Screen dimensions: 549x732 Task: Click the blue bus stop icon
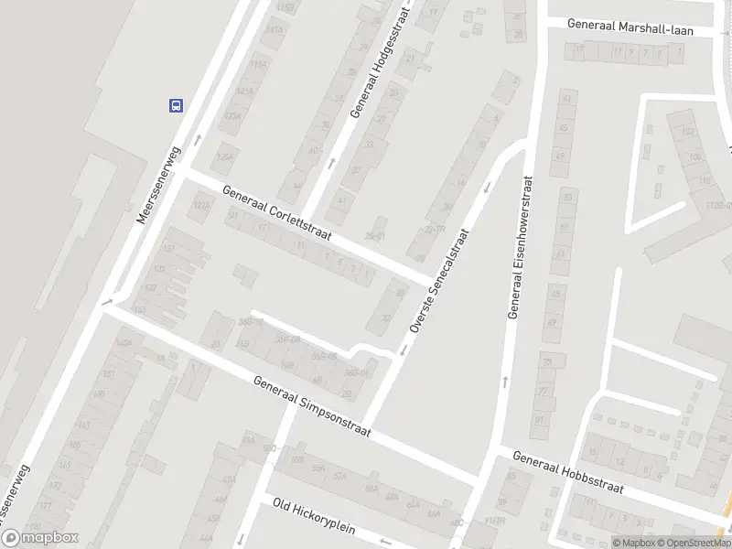click(175, 105)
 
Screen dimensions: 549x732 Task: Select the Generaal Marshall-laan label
click(630, 27)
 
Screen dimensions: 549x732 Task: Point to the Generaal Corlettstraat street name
click(277, 215)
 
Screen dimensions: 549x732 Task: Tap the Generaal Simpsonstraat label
click(312, 407)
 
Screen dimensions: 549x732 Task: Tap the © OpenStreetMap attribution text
click(692, 543)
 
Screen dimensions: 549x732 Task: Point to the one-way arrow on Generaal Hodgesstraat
click(331, 163)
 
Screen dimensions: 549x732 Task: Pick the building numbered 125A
click(223, 157)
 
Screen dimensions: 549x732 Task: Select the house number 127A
click(201, 206)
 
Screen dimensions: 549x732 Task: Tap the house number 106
click(694, 156)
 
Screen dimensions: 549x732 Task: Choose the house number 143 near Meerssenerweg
click(139, 311)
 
